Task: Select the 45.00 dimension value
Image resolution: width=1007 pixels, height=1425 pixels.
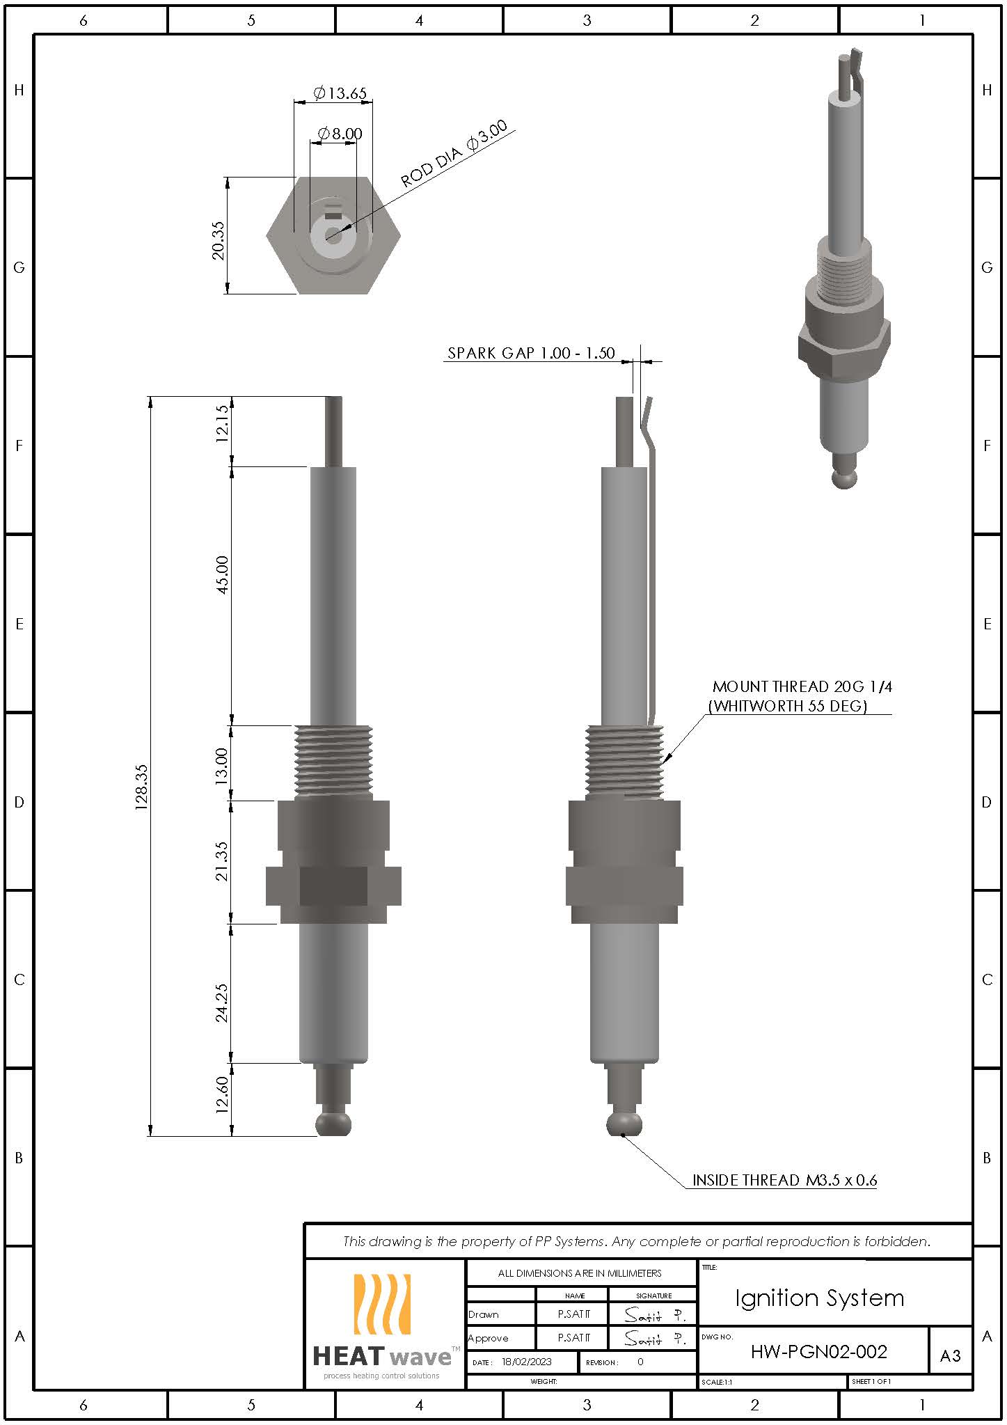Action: [x=222, y=574]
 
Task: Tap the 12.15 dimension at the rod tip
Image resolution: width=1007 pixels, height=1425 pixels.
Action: [x=222, y=424]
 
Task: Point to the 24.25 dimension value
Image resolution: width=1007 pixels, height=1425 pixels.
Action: [x=222, y=1002]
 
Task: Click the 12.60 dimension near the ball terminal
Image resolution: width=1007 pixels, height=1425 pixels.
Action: [x=222, y=1095]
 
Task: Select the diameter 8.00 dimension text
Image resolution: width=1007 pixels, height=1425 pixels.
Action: [x=340, y=133]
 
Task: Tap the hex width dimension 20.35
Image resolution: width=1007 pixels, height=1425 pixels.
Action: [x=219, y=240]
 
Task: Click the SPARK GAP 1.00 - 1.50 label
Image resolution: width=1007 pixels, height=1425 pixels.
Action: [x=531, y=353]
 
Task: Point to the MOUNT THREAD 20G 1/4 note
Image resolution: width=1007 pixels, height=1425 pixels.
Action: [x=802, y=687]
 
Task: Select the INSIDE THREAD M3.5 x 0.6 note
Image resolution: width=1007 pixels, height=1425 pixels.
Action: [x=784, y=1180]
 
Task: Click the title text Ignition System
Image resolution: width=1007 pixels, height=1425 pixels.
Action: [x=819, y=1298]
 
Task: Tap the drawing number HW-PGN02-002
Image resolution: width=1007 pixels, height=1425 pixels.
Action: [x=818, y=1351]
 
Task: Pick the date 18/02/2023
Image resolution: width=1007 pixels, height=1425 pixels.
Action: [x=526, y=1362]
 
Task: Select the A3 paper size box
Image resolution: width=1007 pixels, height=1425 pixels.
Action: [x=950, y=1355]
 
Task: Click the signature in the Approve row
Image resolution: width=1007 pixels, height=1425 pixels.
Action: [x=653, y=1338]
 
